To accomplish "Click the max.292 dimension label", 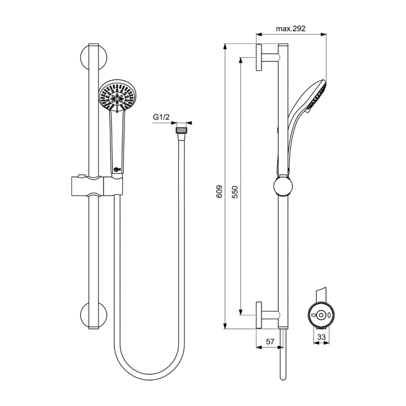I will point(291,29).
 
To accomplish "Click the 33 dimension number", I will point(321,337).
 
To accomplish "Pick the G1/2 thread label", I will point(161,117).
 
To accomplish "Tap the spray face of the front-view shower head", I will point(117,96).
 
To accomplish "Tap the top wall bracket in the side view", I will point(265,56).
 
